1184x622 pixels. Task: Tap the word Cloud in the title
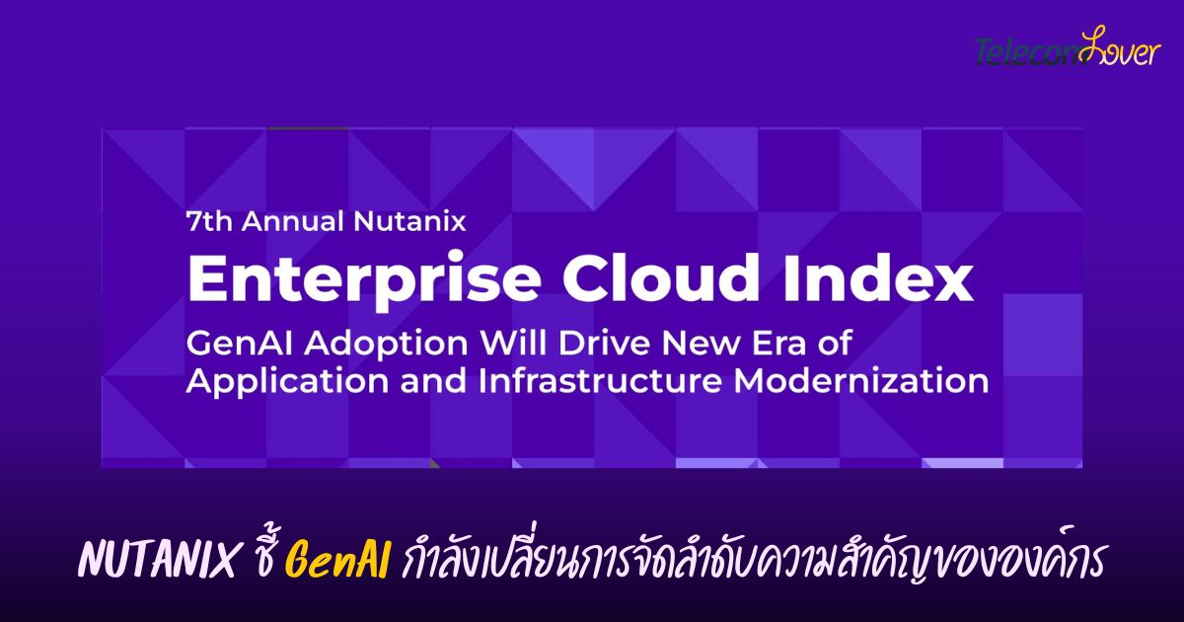tap(661, 277)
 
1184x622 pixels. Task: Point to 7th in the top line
tap(209, 221)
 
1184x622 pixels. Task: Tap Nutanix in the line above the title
tap(409, 221)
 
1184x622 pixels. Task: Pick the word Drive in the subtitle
tap(604, 344)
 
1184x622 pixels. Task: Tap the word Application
tap(287, 383)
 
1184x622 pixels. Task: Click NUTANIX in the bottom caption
tap(157, 560)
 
